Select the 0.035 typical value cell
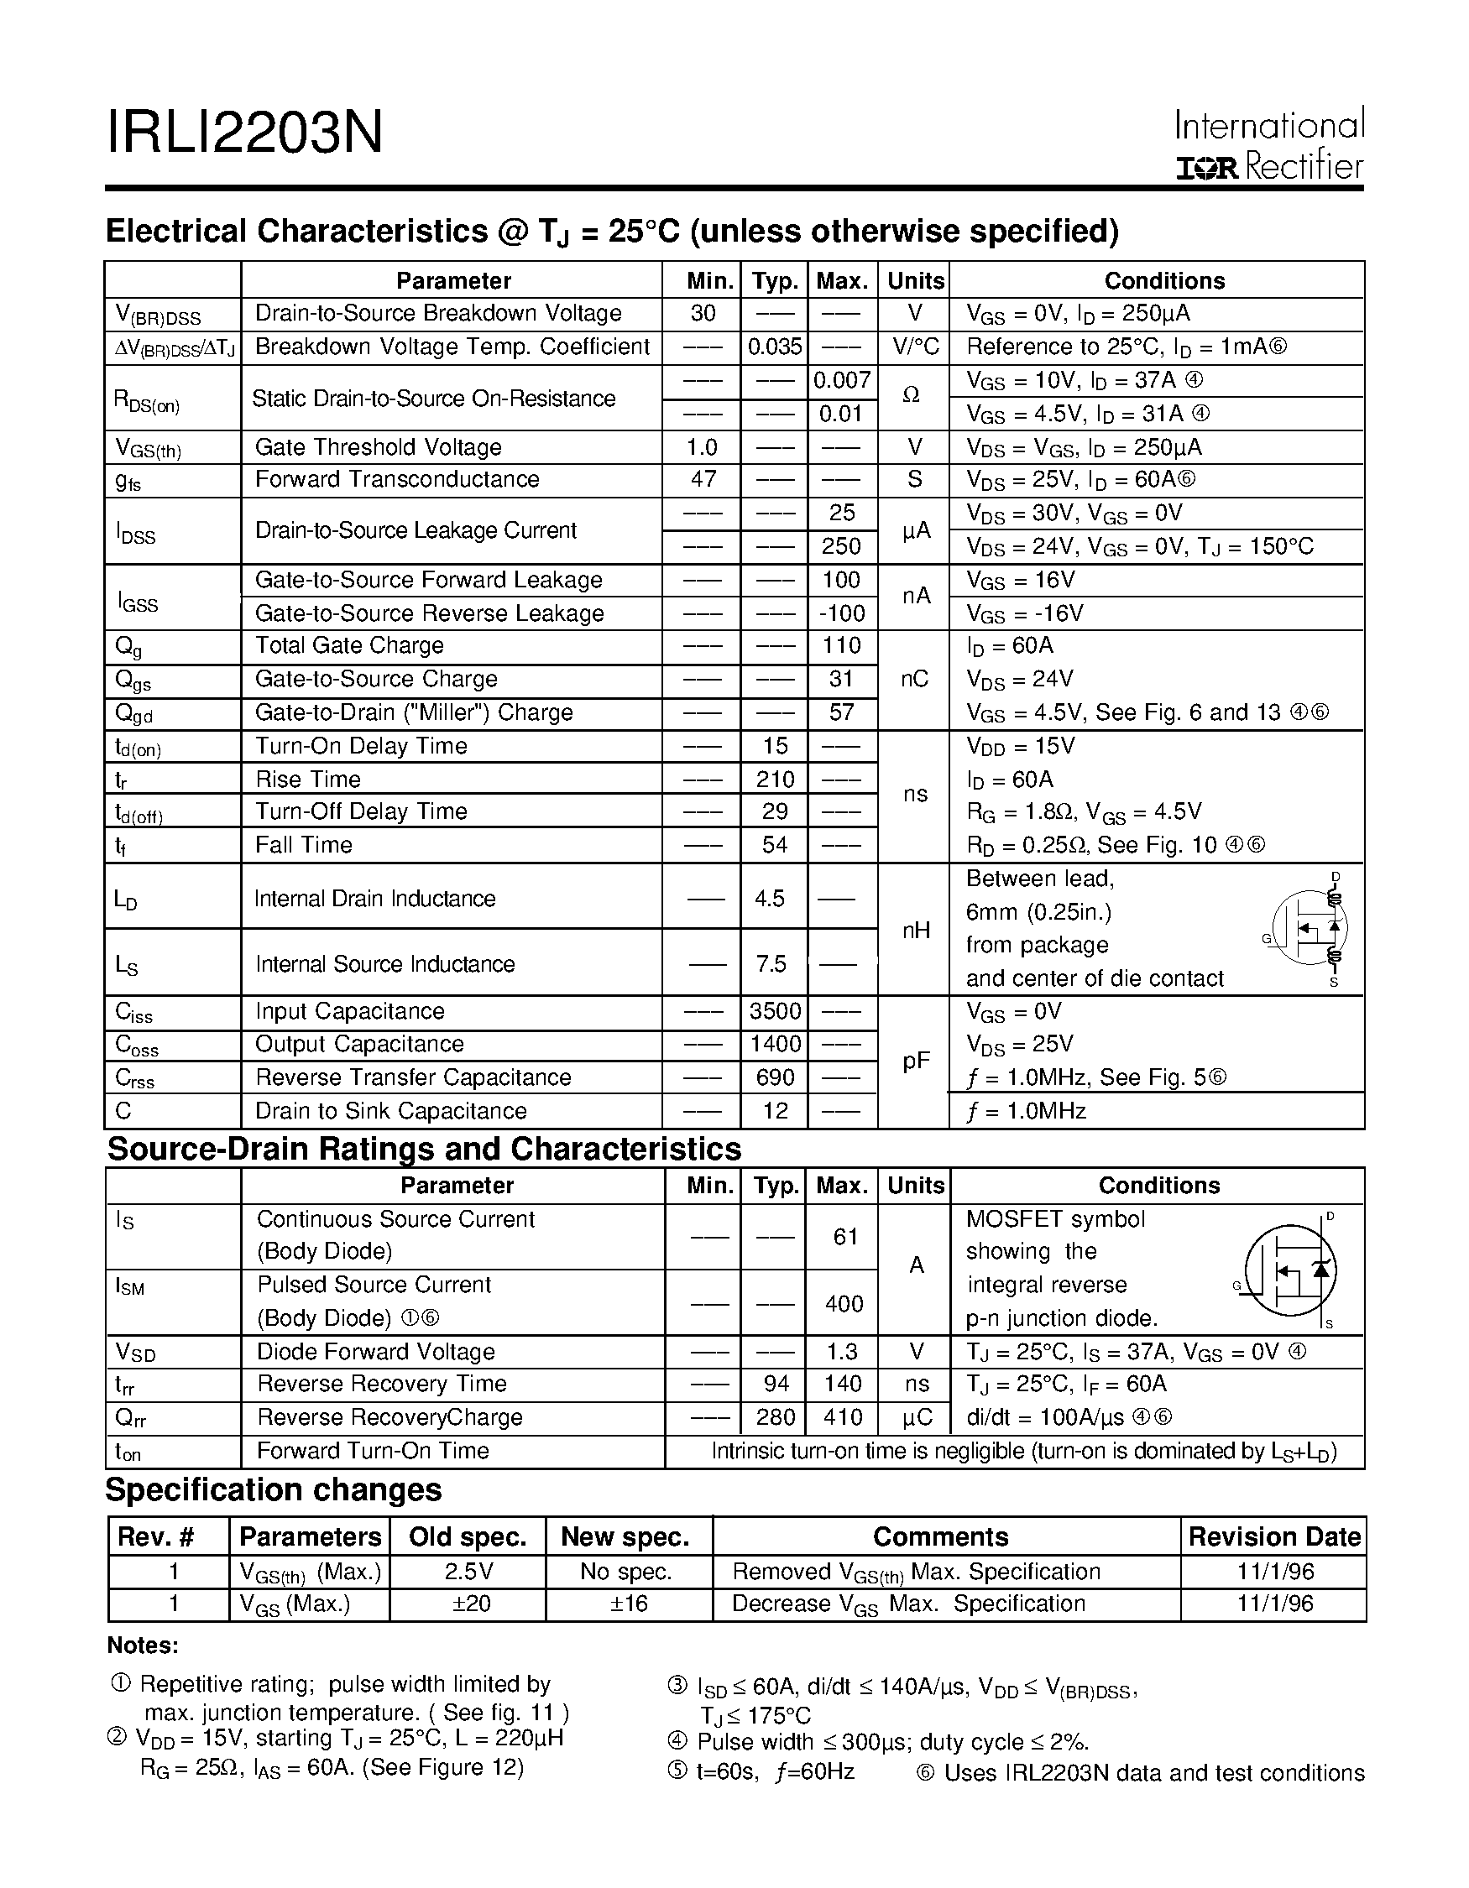pyautogui.click(x=774, y=347)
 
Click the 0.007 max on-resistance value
pyautogui.click(x=841, y=380)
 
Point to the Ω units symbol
pyautogui.click(x=912, y=395)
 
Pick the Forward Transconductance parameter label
pyautogui.click(x=397, y=480)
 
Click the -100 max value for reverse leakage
pyautogui.click(x=841, y=613)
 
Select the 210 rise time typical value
pyautogui.click(x=774, y=780)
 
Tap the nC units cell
pyautogui.click(x=914, y=680)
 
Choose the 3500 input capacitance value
pyautogui.click(x=774, y=1011)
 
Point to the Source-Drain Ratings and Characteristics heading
pyautogui.click(x=424, y=1149)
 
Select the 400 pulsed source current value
pyautogui.click(x=843, y=1304)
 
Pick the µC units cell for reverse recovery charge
pyautogui.click(x=916, y=1418)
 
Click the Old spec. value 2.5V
pyautogui.click(x=468, y=1572)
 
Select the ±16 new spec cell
pyautogui.click(x=629, y=1604)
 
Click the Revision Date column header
pyautogui.click(x=1273, y=1537)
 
